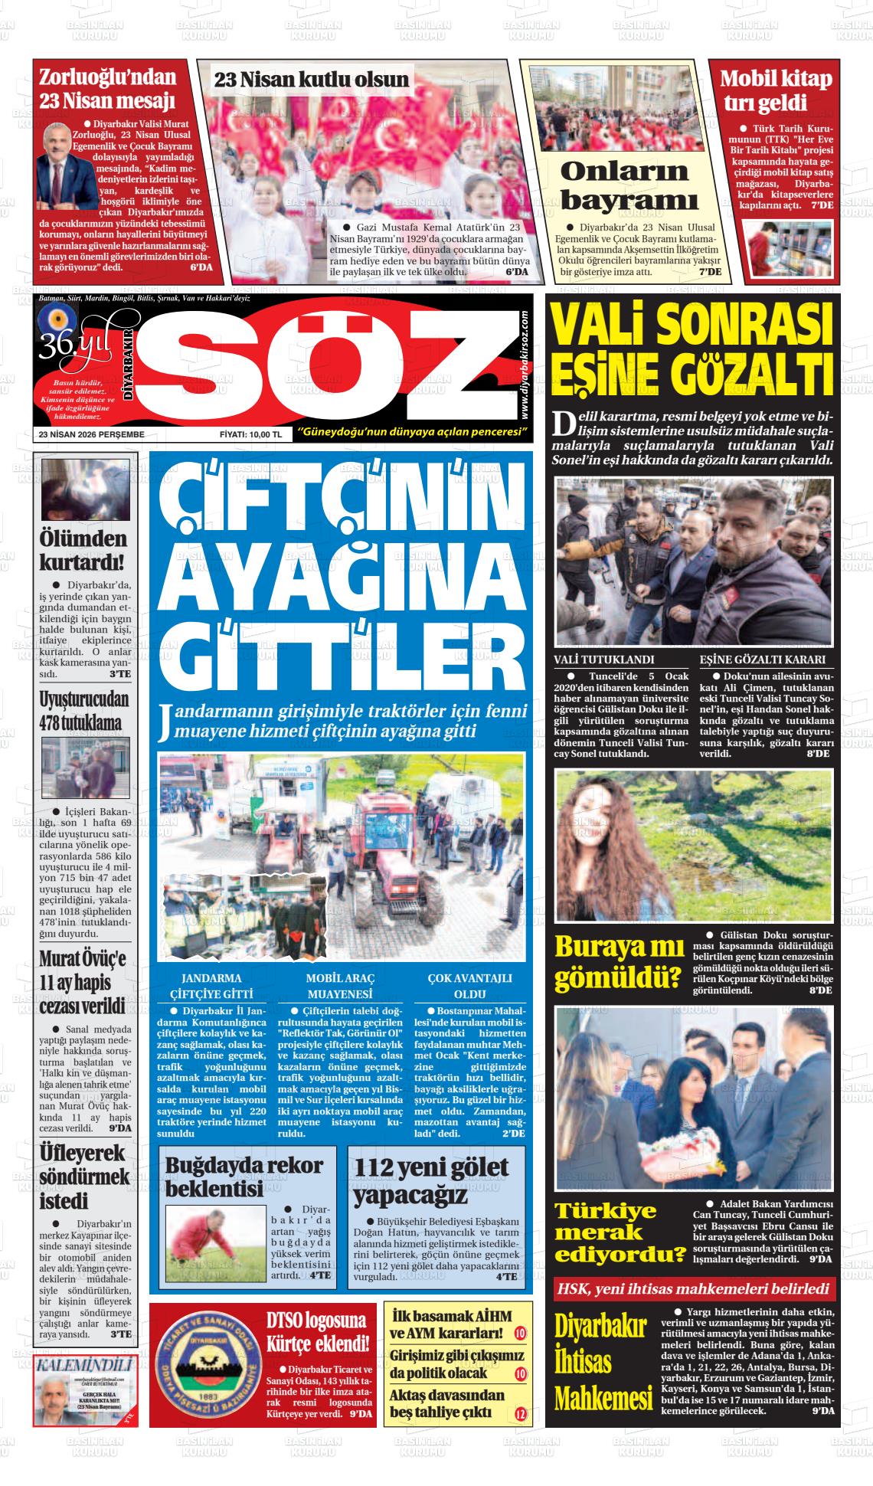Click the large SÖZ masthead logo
tap(329, 360)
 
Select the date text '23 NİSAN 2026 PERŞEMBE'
tap(91, 434)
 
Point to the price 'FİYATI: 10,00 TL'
tap(250, 434)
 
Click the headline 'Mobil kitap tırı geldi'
tap(775, 90)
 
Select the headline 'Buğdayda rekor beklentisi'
tap(244, 1176)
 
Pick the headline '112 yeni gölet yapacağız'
tap(431, 1180)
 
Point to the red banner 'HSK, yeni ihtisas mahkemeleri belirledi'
tap(693, 1288)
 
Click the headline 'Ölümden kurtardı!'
tap(82, 550)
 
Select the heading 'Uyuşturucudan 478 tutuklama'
tap(84, 710)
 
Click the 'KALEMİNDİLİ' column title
tap(85, 1366)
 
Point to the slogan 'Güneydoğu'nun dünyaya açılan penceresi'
tap(414, 434)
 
